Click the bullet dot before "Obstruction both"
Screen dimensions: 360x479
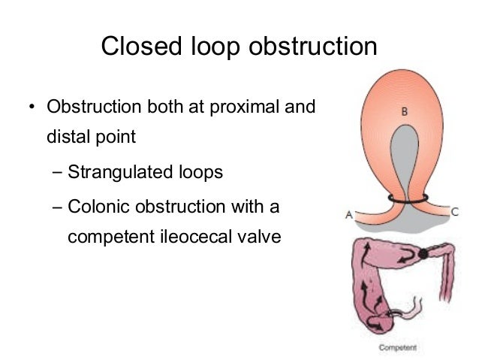31,107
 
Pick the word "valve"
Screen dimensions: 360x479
260,237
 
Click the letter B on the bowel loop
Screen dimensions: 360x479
404,111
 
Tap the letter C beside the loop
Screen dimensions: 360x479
455,213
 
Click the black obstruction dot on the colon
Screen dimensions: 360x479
423,254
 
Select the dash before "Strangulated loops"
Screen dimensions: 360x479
59,172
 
